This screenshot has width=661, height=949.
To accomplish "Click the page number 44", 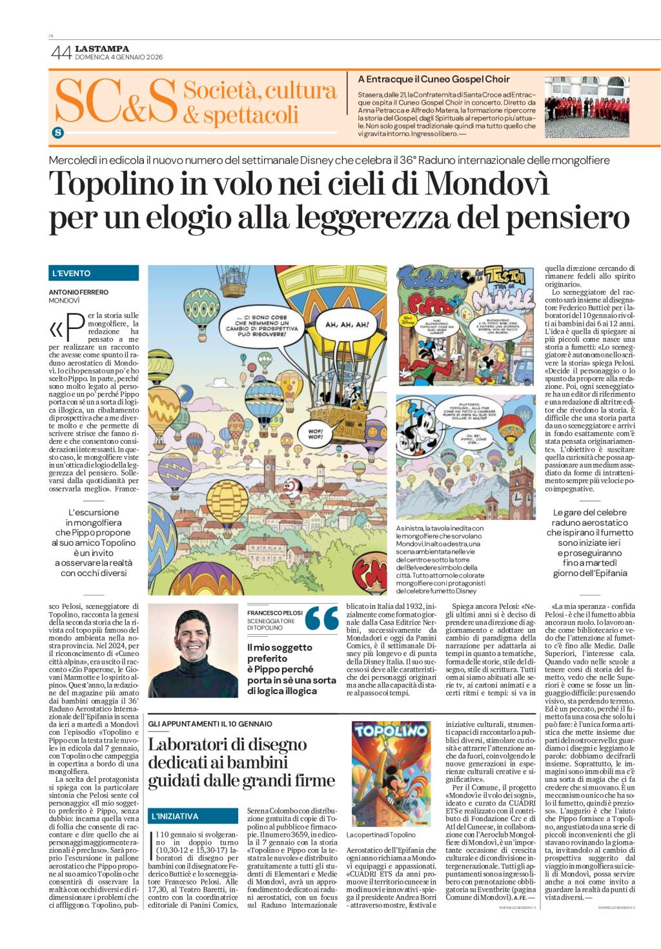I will click(60, 54).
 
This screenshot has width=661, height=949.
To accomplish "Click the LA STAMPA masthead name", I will click(102, 48).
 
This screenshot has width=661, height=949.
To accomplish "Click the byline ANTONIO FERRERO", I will click(79, 292).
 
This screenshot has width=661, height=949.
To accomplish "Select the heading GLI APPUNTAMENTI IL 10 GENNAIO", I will click(210, 723).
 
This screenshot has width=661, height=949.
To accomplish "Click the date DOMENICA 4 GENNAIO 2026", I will click(119, 57).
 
